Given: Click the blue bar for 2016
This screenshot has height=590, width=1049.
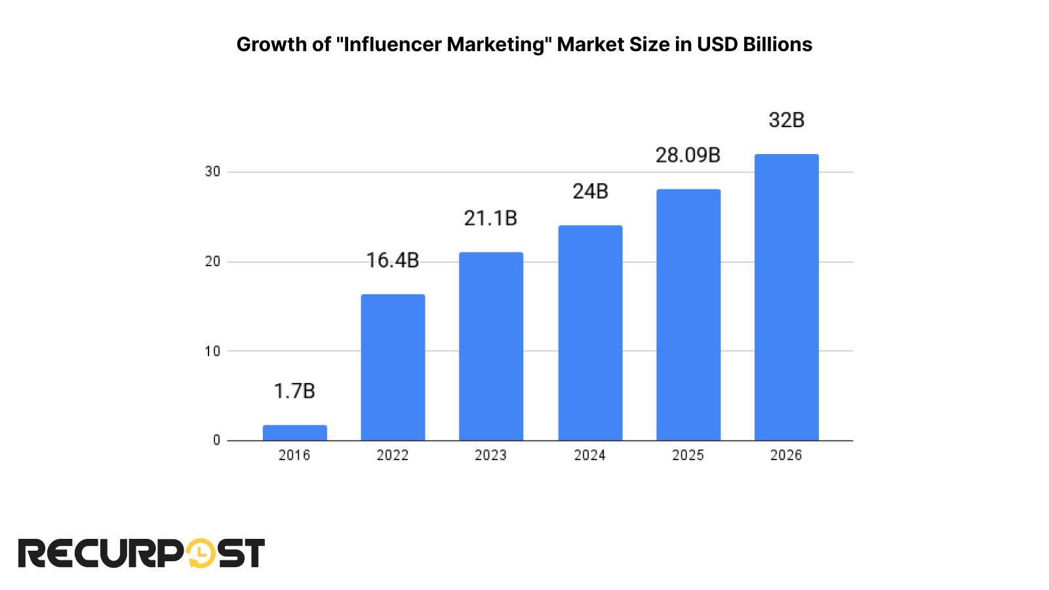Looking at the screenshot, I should click(x=294, y=433).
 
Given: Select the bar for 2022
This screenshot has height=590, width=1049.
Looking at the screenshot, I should click(x=393, y=367).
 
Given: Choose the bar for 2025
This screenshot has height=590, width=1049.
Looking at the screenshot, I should click(x=688, y=315).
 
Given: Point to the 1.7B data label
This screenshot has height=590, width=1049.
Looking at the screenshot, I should click(x=294, y=391).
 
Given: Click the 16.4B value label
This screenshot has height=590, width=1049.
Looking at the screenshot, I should click(x=392, y=260).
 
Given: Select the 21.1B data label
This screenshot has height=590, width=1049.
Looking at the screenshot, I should click(x=490, y=218).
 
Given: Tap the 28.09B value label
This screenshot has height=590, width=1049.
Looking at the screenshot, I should click(x=688, y=155).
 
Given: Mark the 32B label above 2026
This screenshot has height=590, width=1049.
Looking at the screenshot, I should click(x=786, y=120).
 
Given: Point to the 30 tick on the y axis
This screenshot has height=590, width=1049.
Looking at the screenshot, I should click(x=212, y=172).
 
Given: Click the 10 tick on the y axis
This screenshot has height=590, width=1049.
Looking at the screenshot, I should click(x=212, y=351).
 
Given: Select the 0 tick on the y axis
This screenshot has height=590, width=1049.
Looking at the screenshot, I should click(x=216, y=441).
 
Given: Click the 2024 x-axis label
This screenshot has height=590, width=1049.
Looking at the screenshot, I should click(x=589, y=455).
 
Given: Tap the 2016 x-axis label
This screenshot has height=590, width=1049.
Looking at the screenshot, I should click(x=294, y=455).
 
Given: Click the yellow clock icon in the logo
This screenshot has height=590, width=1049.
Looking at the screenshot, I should click(x=201, y=553).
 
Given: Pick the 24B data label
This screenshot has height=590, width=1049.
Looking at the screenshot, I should click(x=590, y=191).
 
